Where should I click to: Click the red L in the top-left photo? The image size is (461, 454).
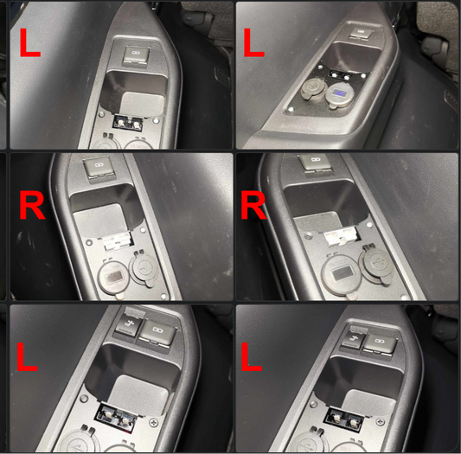point(29,43)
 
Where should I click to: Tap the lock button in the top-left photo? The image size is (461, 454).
point(136,55)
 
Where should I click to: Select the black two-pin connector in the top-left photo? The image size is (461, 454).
point(128,123)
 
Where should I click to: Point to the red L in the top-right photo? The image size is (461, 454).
point(254,43)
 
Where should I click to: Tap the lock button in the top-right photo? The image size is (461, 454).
point(360,32)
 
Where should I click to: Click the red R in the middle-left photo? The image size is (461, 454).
point(32,205)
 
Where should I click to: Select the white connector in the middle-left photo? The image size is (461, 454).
point(116,242)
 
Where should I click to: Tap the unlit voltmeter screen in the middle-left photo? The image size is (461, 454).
point(115,278)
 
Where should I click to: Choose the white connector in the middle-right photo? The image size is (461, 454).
point(340,237)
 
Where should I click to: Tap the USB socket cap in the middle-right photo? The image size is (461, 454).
point(377,265)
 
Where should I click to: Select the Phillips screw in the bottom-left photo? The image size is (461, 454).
point(153,423)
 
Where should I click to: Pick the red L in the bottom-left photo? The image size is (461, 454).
point(27,356)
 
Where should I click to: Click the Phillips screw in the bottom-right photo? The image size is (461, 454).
point(381,422)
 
